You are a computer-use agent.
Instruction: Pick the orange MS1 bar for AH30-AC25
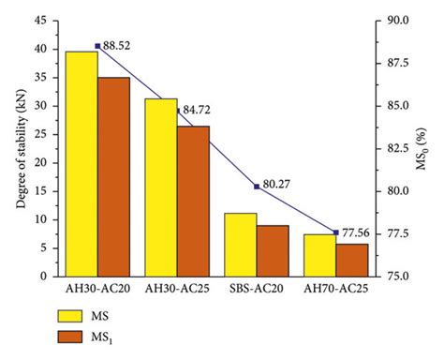(x=193, y=201)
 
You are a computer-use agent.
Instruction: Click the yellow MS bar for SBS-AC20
(x=241, y=245)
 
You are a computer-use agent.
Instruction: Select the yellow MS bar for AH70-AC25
(x=320, y=255)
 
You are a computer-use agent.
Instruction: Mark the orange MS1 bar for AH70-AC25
(x=352, y=260)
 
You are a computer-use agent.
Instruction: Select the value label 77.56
(x=359, y=232)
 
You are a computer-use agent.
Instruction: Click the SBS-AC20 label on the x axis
(x=256, y=290)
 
